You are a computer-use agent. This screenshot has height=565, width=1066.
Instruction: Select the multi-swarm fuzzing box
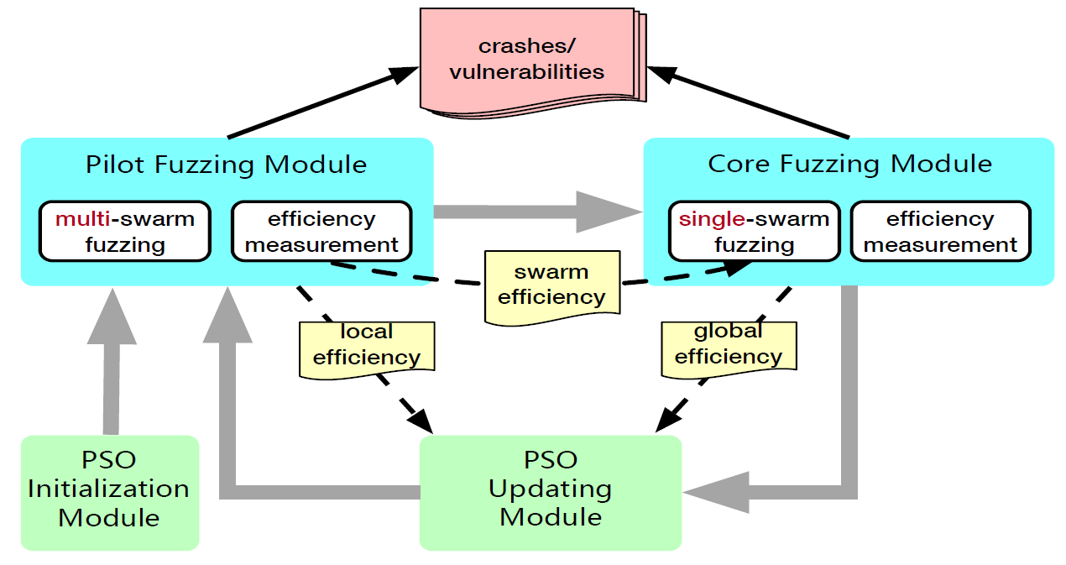point(124,232)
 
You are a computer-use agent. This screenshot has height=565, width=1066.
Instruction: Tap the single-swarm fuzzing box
point(754,232)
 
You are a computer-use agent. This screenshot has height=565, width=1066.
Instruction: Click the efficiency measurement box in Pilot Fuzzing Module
point(321,232)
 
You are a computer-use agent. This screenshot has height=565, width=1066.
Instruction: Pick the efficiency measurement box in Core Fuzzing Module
point(940,232)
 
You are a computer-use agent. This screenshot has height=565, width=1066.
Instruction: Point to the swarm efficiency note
point(551,285)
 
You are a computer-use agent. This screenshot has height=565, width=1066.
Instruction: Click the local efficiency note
point(367,345)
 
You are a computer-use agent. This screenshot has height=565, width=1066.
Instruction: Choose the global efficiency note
point(728,345)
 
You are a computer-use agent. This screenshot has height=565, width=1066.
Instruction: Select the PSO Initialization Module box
point(109,489)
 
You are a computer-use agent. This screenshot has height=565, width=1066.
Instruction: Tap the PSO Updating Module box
point(550,489)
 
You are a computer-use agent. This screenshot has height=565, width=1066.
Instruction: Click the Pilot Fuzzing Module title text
point(226,165)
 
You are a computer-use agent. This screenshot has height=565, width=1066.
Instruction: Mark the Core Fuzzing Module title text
point(849,164)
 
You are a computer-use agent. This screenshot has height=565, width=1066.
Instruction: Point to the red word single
point(710,220)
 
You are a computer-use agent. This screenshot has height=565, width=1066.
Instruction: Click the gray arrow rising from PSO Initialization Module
point(110,361)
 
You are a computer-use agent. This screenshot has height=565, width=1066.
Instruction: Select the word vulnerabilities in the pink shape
point(526,71)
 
